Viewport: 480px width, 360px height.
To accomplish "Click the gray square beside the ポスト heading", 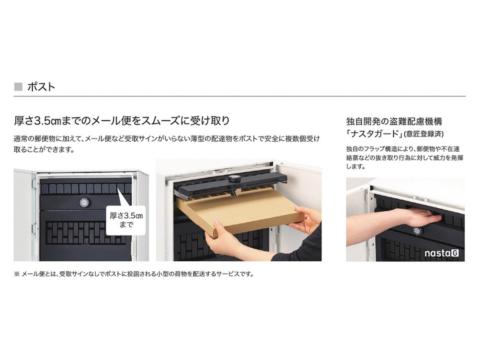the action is tap(18, 87).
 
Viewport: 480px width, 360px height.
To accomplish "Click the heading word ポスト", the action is tap(41, 87).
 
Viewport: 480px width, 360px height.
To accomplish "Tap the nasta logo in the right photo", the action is tap(442, 253).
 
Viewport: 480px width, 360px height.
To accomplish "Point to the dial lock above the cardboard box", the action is tap(234, 179).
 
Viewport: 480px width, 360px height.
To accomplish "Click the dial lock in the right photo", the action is tap(418, 231).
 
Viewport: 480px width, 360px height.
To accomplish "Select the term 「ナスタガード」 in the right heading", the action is tap(375, 134).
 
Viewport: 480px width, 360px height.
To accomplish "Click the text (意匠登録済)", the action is tap(424, 134).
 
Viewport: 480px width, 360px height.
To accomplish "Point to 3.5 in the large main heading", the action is tap(42, 121).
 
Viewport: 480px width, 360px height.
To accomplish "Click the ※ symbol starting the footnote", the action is tap(17, 274).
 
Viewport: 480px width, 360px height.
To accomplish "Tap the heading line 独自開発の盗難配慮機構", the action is tap(394, 122).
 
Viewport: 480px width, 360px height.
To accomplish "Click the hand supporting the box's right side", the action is tap(306, 218).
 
